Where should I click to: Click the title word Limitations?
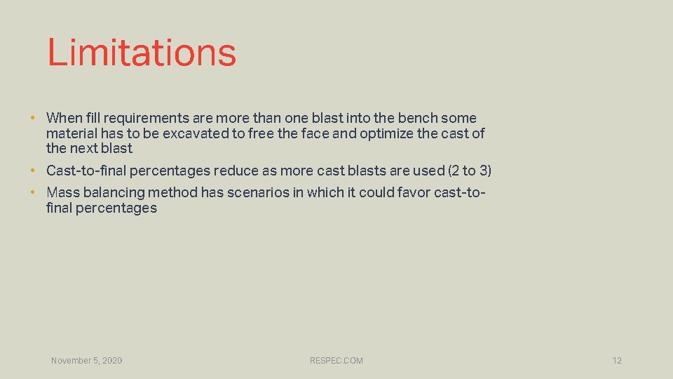[142, 53]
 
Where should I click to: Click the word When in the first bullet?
[63, 118]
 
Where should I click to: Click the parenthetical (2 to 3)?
[469, 171]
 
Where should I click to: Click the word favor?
[412, 192]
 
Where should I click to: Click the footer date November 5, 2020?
[86, 361]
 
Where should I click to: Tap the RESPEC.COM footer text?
[336, 361]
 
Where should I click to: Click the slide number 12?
[617, 361]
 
